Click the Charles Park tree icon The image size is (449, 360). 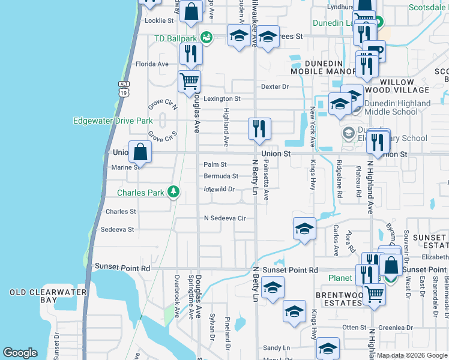pos(173,193)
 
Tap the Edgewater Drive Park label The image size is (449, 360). pos(113,121)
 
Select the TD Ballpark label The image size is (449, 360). pos(176,38)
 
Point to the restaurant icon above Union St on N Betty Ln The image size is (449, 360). pos(259,128)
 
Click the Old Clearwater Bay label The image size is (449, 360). pos(41,296)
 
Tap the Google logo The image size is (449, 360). pos(20,353)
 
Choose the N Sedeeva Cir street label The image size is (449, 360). pos(225,218)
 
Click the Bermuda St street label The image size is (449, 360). pos(221,176)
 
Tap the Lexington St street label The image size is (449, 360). pos(221,98)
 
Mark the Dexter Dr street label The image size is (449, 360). pos(275,86)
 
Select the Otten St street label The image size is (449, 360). pos(354,327)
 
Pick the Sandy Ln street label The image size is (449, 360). pos(276,347)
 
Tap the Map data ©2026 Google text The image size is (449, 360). pos(411,355)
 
